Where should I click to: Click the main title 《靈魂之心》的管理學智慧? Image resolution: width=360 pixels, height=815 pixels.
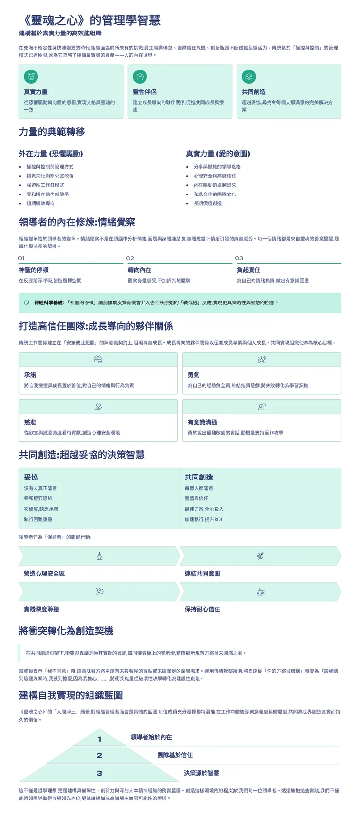(90, 20)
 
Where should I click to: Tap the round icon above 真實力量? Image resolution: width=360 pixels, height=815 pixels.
(31, 76)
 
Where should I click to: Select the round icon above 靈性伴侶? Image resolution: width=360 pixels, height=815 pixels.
(140, 76)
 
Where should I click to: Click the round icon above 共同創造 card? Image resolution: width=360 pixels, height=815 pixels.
(249, 76)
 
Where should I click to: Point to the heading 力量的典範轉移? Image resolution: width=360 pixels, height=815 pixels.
(52, 132)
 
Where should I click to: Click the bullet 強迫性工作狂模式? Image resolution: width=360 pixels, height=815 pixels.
(45, 185)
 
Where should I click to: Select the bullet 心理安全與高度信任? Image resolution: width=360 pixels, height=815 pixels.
(215, 176)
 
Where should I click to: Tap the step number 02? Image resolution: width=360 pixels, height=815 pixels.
(130, 258)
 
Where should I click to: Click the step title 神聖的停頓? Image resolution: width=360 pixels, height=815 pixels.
(34, 270)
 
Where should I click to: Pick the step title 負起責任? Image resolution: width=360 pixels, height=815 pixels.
(249, 270)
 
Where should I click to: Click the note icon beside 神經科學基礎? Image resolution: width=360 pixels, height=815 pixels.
(27, 302)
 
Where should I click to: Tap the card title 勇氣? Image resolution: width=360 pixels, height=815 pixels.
(194, 375)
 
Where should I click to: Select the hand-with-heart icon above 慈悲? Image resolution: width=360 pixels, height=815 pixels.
(98, 407)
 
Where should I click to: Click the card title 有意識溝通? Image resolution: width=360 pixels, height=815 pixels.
(202, 422)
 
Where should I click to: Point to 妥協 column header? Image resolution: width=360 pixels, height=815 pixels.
(31, 477)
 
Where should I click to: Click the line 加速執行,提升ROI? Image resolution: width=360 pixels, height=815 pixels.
(203, 519)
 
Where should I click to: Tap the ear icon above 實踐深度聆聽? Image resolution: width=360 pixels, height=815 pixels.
(99, 591)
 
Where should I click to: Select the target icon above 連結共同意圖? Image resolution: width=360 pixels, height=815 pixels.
(260, 556)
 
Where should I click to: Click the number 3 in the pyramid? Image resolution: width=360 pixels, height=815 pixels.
(99, 773)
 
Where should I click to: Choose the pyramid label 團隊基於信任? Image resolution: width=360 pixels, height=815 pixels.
(175, 755)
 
